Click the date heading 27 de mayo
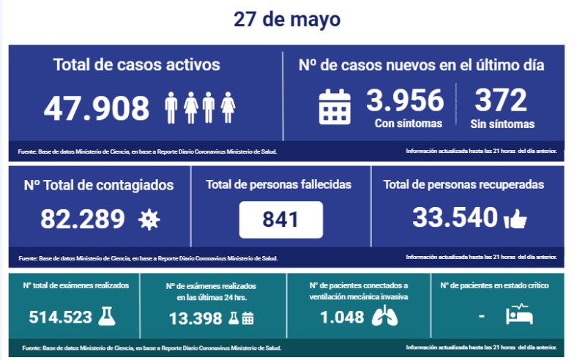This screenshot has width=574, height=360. (x=287, y=20)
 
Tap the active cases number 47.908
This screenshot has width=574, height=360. (x=97, y=108)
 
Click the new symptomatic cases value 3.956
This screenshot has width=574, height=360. (x=405, y=100)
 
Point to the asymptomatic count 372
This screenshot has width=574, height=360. (x=501, y=100)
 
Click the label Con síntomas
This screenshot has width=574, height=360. (x=409, y=124)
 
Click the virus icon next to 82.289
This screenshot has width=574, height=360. (x=149, y=219)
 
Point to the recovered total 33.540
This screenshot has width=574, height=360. (x=454, y=217)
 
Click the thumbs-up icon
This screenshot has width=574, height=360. (x=515, y=218)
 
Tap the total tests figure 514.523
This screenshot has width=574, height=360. (x=61, y=317)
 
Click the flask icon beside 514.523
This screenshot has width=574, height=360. (x=108, y=316)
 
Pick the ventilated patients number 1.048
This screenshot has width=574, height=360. (x=342, y=317)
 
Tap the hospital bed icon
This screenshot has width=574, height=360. (x=520, y=315)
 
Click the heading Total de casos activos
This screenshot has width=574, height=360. (x=136, y=64)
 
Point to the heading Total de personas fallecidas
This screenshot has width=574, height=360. (x=279, y=184)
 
